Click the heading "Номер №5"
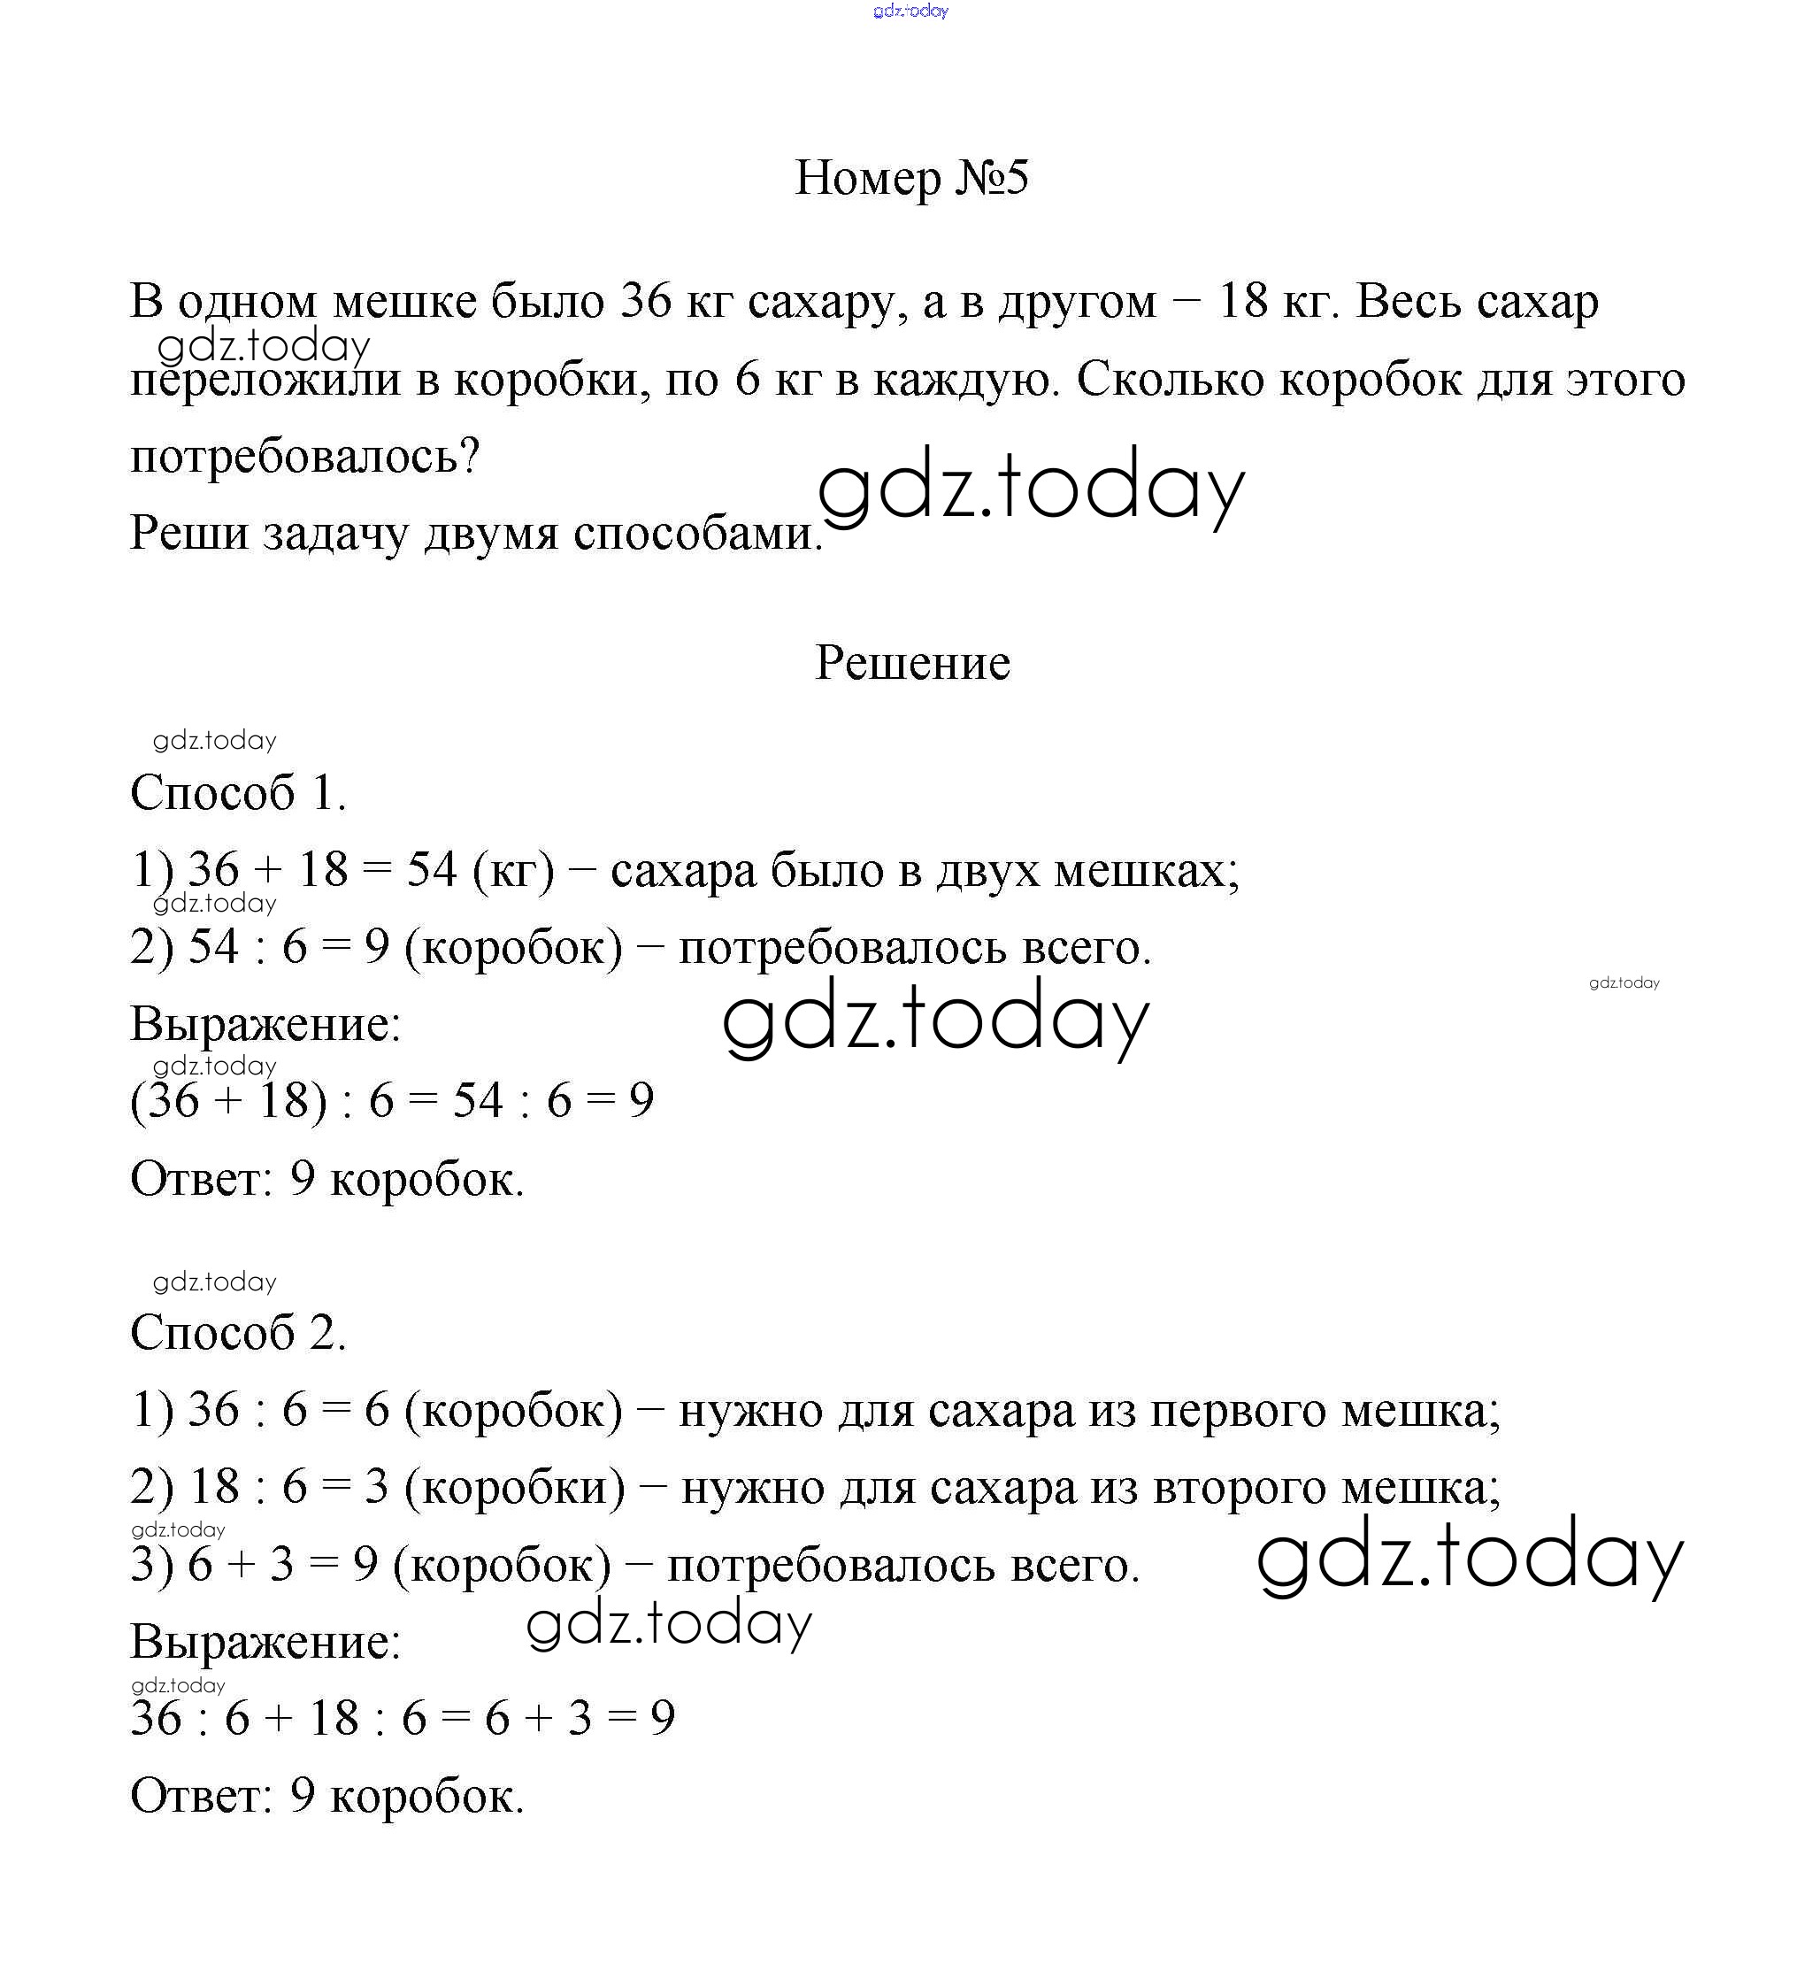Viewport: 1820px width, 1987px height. pyautogui.click(x=910, y=179)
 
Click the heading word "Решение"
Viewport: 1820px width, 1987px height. pyautogui.click(x=911, y=662)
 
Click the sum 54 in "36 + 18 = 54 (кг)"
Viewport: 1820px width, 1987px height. pyautogui.click(x=432, y=869)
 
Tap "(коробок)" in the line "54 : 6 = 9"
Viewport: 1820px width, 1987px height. pyautogui.click(x=513, y=947)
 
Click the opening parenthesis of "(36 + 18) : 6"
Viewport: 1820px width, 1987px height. pyautogui.click(x=138, y=1101)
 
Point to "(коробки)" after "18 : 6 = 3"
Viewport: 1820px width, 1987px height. pyautogui.click(x=514, y=1487)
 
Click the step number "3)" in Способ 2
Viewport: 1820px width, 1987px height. pyautogui.click(x=150, y=1565)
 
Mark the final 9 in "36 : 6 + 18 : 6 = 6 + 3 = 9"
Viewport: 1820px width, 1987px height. pyautogui.click(x=662, y=1719)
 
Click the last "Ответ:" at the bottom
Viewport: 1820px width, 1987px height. pyautogui.click(x=201, y=1796)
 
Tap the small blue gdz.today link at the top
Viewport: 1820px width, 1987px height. pyautogui.click(x=910, y=11)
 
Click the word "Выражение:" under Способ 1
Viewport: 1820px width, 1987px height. pyautogui.click(x=265, y=1024)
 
